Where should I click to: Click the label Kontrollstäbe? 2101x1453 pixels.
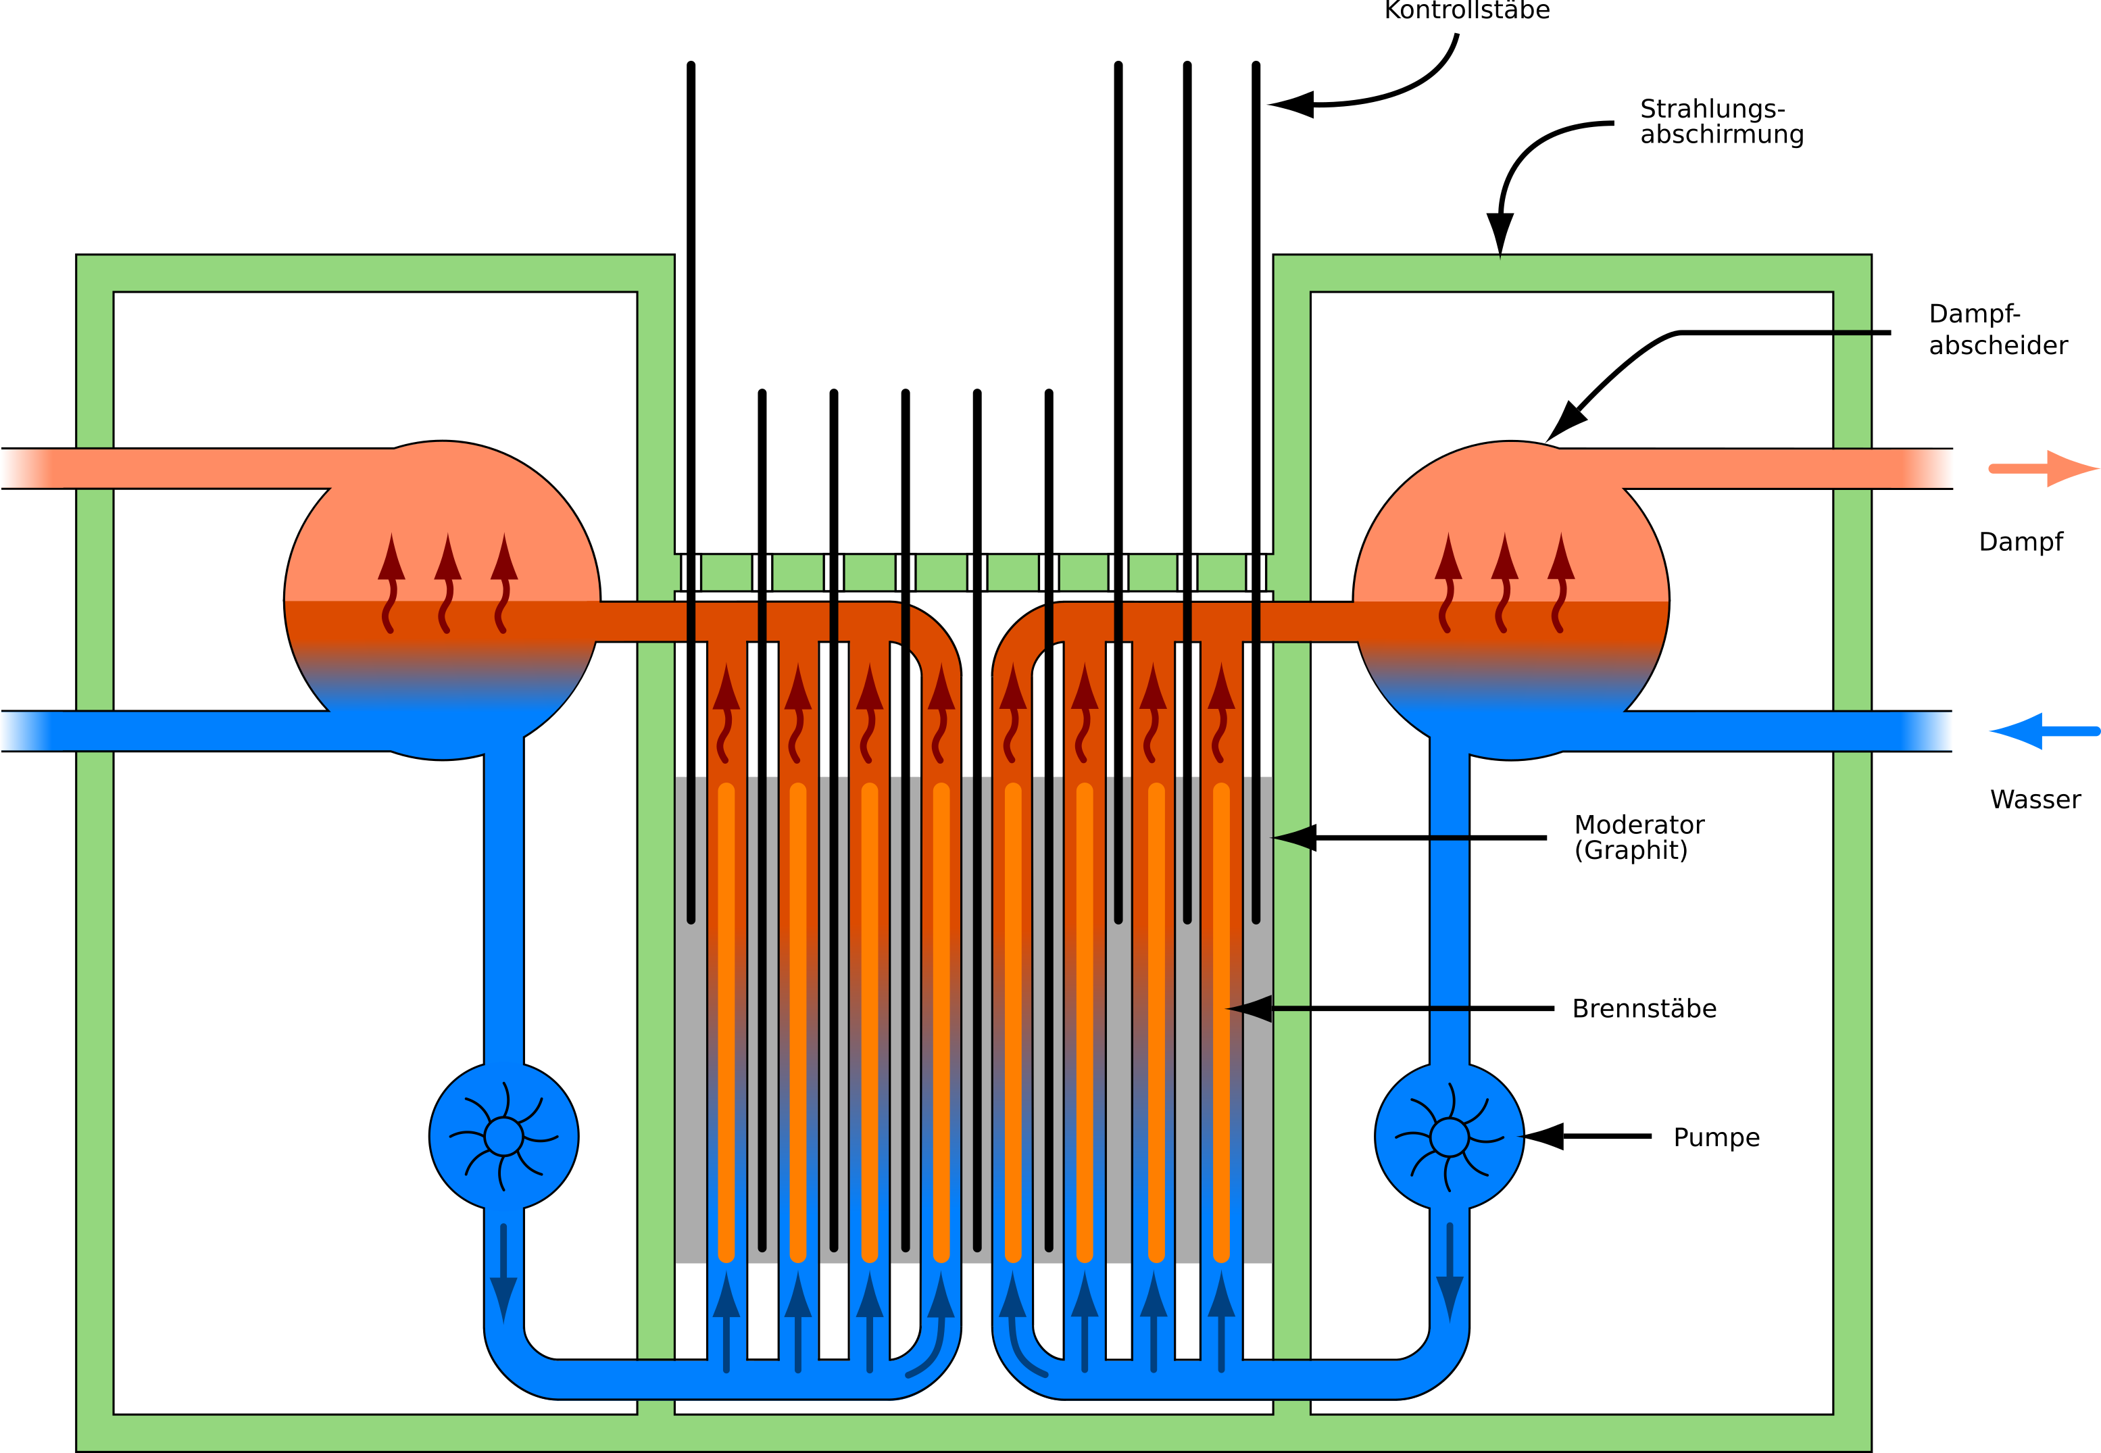1466,10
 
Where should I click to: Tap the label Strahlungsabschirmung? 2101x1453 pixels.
1721,121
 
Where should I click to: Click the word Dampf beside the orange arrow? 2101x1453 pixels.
2020,542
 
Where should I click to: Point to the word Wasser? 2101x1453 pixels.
2035,799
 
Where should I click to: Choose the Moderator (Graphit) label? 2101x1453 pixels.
1639,837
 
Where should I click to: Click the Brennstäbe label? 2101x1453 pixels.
1644,1009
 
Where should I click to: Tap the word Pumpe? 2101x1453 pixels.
1716,1138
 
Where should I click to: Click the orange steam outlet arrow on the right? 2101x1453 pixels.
2044,469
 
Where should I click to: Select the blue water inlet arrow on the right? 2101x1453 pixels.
2044,731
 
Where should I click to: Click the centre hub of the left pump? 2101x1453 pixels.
503,1136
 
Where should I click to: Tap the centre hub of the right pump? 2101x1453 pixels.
1450,1136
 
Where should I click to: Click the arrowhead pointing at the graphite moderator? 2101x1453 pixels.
1293,837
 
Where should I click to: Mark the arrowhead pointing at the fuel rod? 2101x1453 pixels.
1249,1009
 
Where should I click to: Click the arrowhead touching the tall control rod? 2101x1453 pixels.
1291,105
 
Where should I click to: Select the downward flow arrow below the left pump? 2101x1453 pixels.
503,1274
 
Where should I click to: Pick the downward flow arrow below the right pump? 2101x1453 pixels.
1450,1274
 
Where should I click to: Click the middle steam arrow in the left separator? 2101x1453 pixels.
447,583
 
